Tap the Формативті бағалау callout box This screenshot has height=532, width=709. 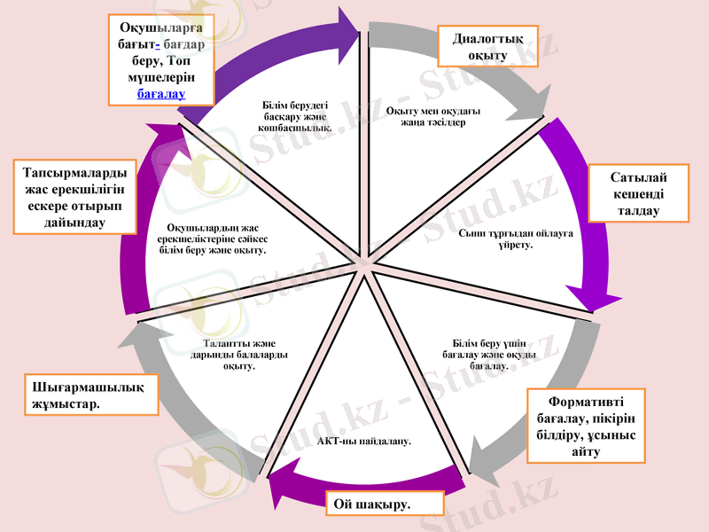coord(586,426)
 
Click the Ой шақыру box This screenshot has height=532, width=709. coord(372,504)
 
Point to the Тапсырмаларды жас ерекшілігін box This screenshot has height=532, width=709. coord(74,196)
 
